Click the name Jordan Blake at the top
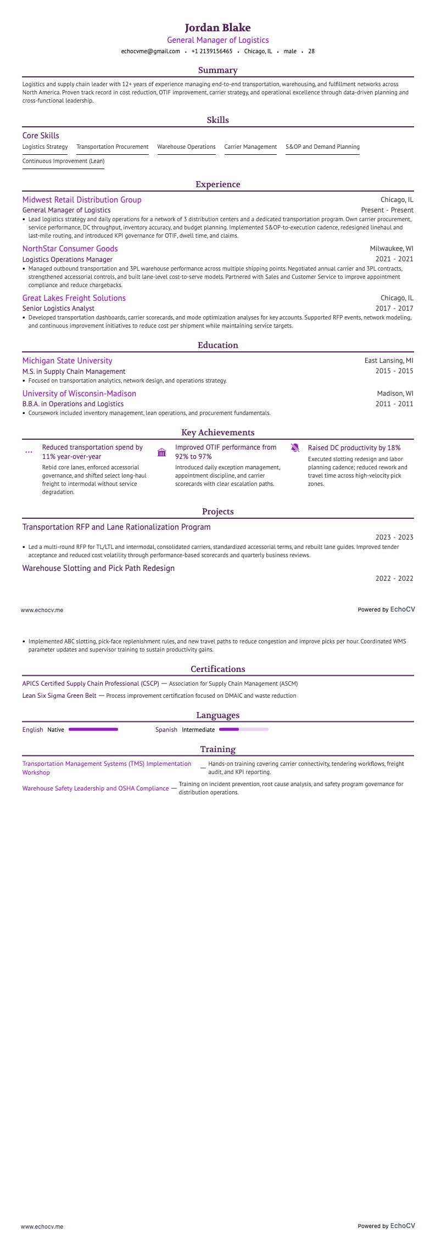pos(218,27)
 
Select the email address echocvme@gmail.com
pos(150,51)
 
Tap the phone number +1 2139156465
pos(212,51)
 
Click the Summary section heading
pos(218,70)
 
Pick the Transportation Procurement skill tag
pos(113,147)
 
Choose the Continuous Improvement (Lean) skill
pos(63,161)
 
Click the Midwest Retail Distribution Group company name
pos(82,200)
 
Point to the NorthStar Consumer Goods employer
pos(70,249)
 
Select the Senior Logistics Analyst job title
pos(58,309)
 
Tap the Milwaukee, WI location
pos(392,249)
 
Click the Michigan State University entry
pos(67,361)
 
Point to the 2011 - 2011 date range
pos(394,404)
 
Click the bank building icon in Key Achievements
pos(161,452)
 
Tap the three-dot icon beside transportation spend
pos(29,452)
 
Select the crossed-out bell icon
pos(295,448)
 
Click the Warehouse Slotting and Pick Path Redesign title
pos(98,568)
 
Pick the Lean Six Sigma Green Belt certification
pos(59,696)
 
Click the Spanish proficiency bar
pos(243,730)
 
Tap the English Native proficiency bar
pos(93,730)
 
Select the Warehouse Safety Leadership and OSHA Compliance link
pos(96,788)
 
